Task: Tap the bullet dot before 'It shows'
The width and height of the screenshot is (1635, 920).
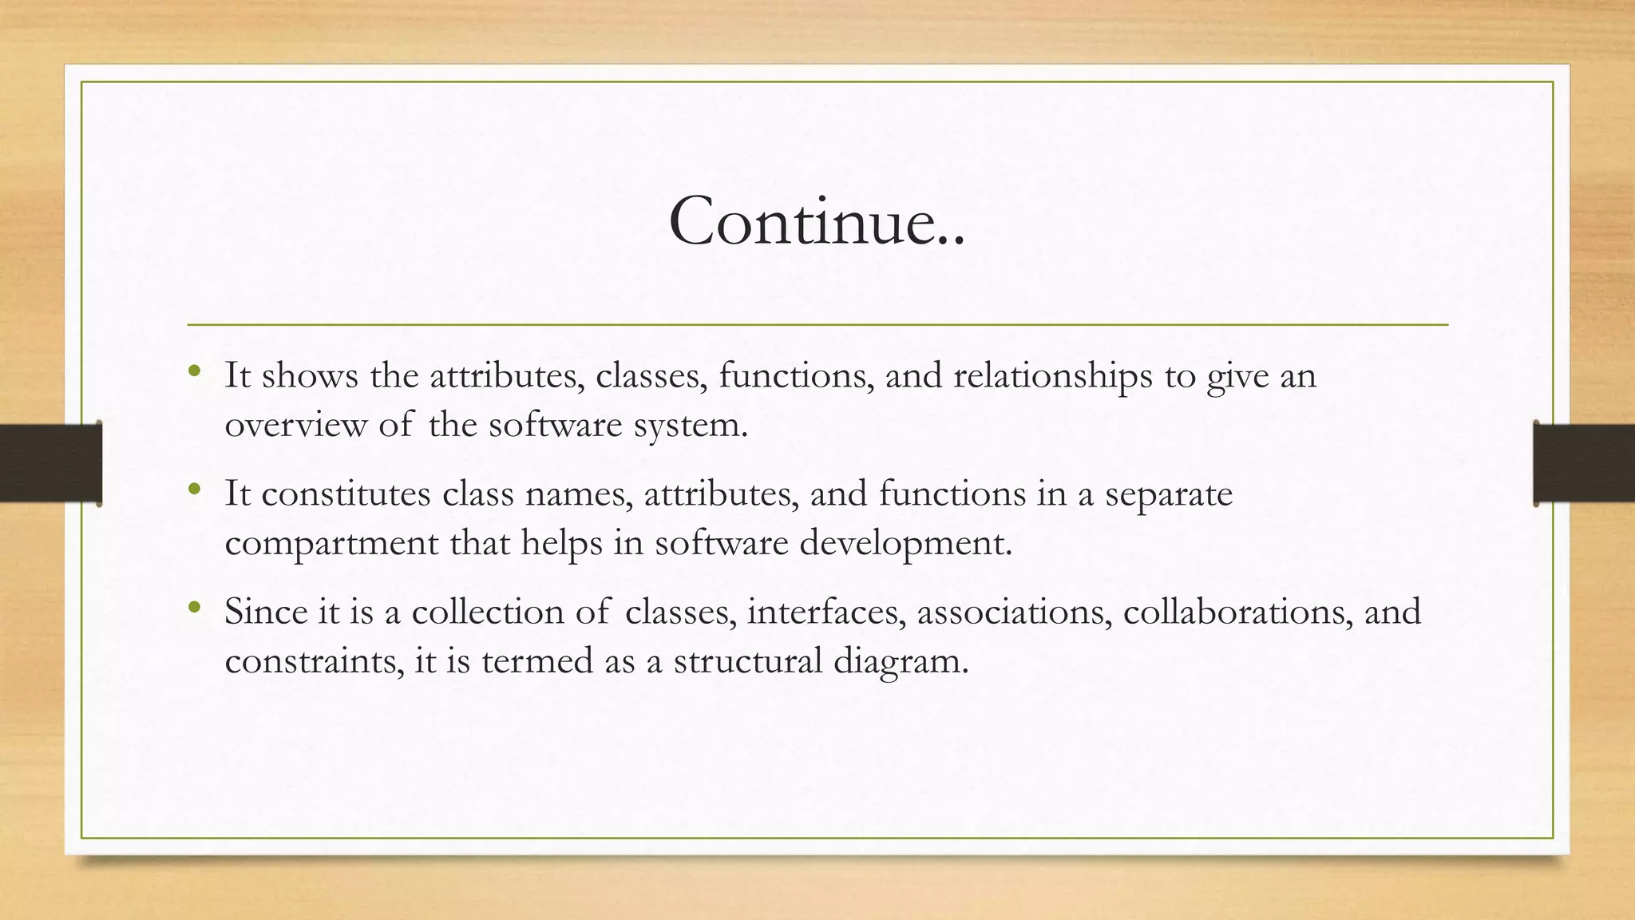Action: coord(194,371)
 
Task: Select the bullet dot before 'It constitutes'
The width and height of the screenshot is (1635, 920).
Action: coord(194,490)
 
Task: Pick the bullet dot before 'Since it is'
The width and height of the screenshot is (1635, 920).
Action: coord(194,608)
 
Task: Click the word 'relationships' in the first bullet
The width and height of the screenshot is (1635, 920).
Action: coord(1052,376)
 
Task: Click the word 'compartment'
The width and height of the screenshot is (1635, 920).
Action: coord(331,544)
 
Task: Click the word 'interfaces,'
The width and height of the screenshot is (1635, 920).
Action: coord(826,613)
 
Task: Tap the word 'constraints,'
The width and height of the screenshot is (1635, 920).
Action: coord(315,661)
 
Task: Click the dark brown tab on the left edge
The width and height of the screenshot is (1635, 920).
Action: coord(50,463)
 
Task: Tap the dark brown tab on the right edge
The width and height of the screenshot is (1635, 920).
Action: coord(1583,463)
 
